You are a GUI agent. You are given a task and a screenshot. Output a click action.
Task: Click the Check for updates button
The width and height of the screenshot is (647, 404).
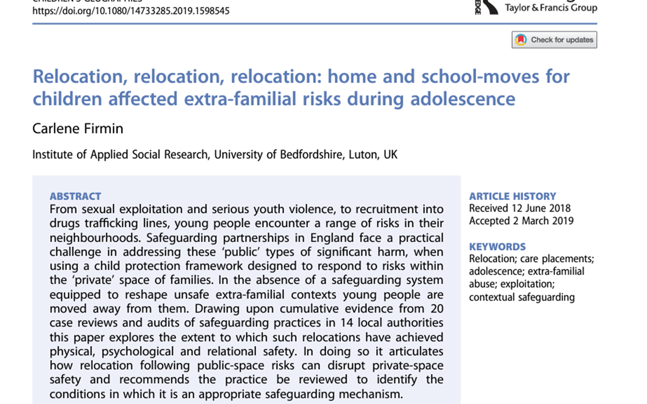(554, 40)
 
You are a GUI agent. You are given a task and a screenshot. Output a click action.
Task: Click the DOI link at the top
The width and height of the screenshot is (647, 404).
(131, 10)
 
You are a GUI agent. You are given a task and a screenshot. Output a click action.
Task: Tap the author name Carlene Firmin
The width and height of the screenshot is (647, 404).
(78, 128)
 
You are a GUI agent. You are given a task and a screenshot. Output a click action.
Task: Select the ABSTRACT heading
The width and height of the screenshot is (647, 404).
(75, 197)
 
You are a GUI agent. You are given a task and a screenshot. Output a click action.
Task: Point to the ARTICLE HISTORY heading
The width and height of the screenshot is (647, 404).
(512, 197)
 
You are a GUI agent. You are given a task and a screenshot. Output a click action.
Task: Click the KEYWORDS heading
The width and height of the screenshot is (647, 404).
(497, 247)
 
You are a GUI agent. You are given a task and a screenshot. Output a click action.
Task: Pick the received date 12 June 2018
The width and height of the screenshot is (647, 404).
(539, 208)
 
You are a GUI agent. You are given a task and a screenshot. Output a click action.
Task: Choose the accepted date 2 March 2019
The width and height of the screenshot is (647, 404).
(541, 221)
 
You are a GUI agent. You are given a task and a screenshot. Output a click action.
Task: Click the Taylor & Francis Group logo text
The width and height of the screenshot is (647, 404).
(550, 8)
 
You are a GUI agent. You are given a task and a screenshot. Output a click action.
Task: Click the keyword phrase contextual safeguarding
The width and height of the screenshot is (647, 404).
(521, 297)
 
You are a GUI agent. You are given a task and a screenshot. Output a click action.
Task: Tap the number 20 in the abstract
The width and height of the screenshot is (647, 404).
(437, 309)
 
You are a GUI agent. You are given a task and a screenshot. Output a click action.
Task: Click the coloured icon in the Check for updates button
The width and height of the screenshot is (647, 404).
(521, 40)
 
